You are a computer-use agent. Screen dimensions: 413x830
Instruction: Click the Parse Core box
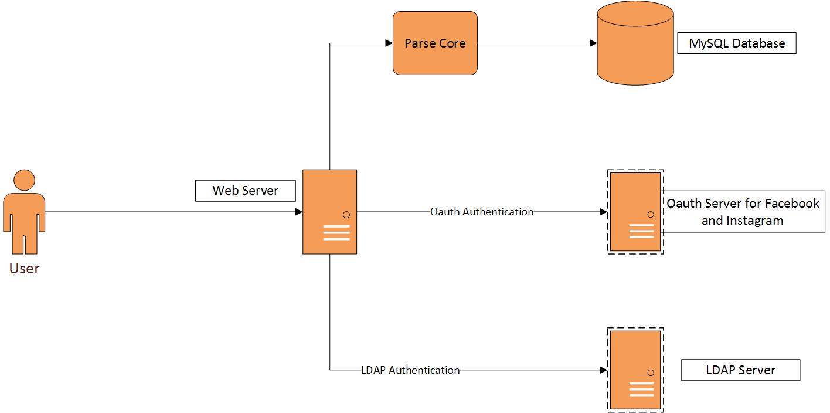point(435,43)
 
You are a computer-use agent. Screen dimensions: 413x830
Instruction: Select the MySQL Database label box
point(737,43)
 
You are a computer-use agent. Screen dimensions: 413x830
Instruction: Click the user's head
point(24,180)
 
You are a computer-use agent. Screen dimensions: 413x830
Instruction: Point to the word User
point(24,269)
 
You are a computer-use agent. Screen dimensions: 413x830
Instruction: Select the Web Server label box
point(245,191)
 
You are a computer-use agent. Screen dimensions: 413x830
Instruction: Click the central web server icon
point(329,212)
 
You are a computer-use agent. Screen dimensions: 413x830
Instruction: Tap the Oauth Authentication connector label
point(482,212)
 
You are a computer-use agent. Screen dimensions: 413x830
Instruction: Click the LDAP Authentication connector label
point(410,370)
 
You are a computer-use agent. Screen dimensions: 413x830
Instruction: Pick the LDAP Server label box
point(740,370)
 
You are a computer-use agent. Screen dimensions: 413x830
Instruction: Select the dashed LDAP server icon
point(635,370)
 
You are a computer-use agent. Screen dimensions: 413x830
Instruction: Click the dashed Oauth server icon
point(635,212)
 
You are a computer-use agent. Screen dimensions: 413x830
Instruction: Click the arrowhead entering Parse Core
point(389,43)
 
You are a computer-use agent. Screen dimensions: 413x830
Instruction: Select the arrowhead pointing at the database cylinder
point(593,43)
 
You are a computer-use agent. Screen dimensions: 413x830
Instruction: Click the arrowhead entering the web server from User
point(299,212)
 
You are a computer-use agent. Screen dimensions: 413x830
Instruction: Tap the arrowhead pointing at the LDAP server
point(603,370)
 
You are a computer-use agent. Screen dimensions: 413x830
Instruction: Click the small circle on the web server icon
point(346,215)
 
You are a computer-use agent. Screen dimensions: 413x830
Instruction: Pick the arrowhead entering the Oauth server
point(603,212)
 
